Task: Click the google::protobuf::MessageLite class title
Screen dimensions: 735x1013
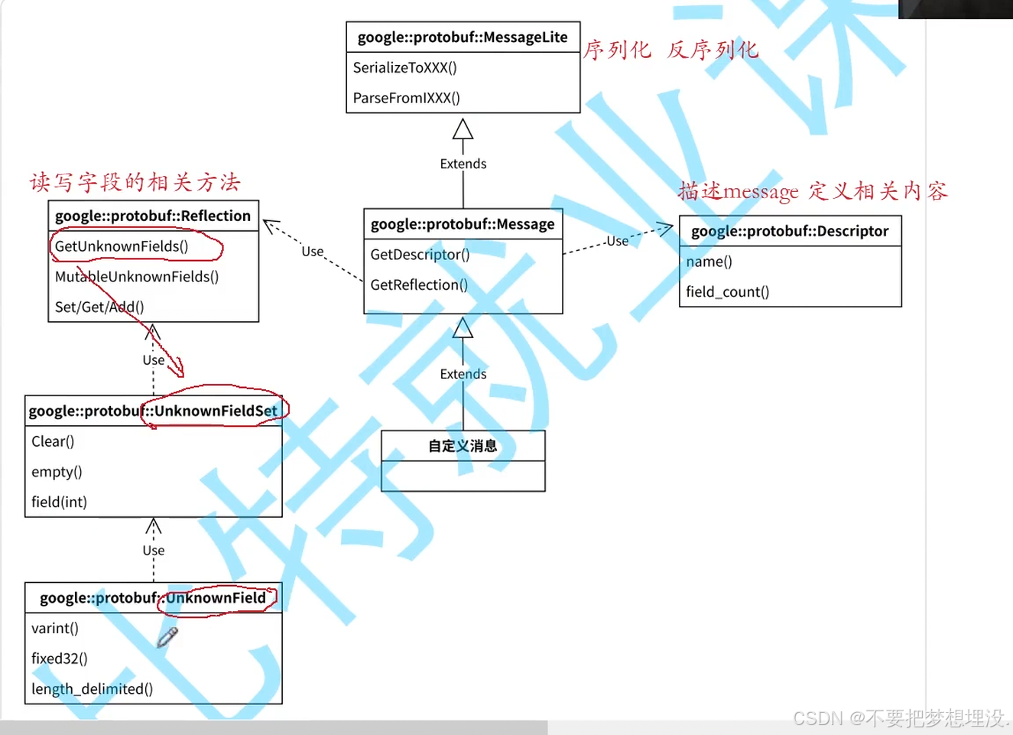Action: [x=463, y=37]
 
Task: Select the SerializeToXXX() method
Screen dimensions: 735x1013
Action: [x=404, y=68]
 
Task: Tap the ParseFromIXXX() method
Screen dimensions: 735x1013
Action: [x=406, y=98]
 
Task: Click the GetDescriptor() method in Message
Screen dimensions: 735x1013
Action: [x=420, y=255]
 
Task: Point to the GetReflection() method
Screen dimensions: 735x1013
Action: [x=419, y=285]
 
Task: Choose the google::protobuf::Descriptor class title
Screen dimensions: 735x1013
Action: [x=790, y=231]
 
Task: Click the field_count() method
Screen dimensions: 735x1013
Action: [x=727, y=292]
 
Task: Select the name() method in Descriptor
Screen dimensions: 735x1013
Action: [x=709, y=262]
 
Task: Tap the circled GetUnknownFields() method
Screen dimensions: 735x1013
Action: [x=122, y=246]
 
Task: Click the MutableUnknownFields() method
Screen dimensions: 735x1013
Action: [x=137, y=277]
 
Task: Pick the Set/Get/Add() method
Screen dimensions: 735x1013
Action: [x=99, y=307]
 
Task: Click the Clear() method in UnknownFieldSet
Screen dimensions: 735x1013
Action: [x=53, y=441]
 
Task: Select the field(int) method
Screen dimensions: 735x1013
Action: [x=59, y=502]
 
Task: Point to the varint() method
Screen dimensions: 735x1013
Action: [x=55, y=629]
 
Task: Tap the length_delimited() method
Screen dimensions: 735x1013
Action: [x=92, y=689]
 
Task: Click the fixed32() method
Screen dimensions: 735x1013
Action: [x=60, y=659]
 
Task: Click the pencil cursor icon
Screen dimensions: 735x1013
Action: [x=167, y=637]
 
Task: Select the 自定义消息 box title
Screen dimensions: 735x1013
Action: [x=463, y=446]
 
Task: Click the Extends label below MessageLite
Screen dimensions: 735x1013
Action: [x=463, y=164]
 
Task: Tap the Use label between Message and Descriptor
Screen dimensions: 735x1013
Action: [x=617, y=241]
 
